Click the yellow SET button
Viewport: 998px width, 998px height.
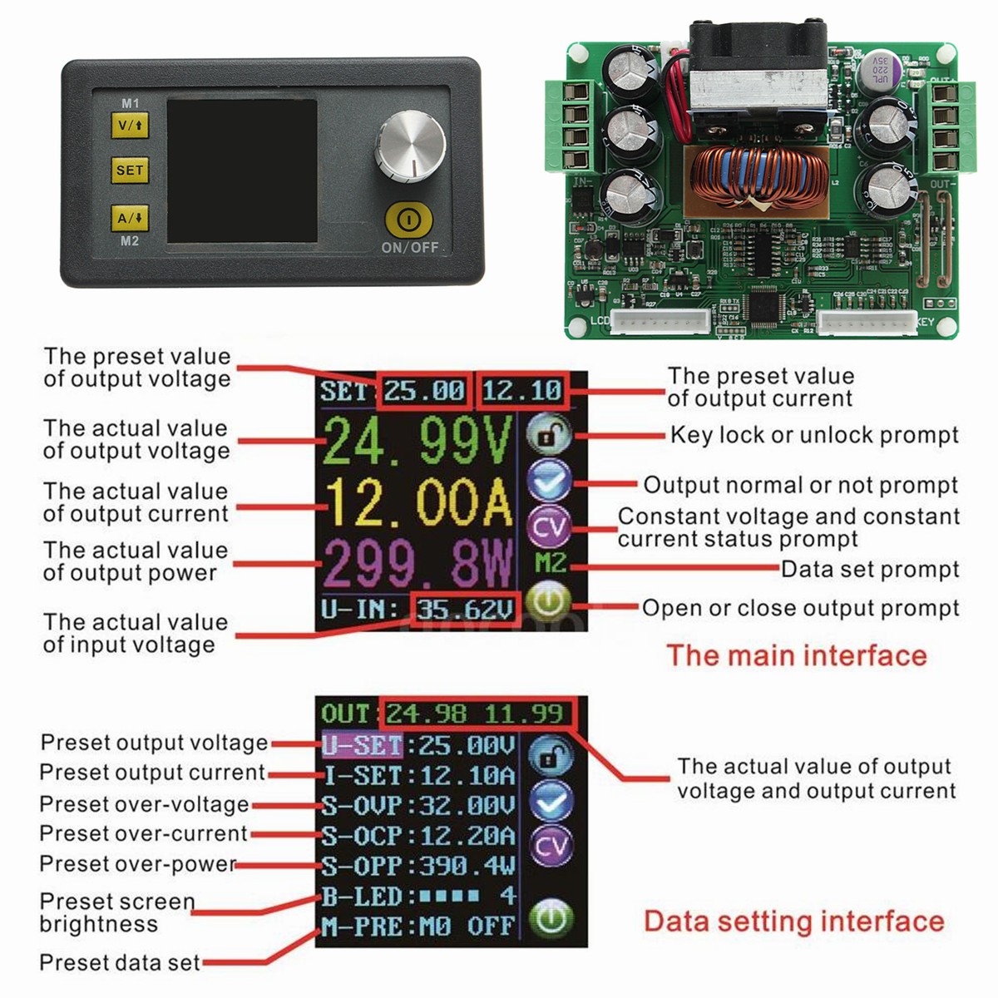tap(130, 170)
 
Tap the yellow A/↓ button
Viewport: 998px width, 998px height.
tap(130, 219)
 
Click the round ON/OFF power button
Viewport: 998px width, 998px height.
tap(408, 220)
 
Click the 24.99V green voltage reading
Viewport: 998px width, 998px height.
tap(416, 442)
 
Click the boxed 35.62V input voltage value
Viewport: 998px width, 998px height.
tap(465, 610)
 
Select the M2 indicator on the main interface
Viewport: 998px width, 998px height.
tap(550, 563)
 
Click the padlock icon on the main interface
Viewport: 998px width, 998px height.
tap(549, 435)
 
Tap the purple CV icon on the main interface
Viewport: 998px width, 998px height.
tap(549, 526)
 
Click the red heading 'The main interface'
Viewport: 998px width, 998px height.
tap(796, 655)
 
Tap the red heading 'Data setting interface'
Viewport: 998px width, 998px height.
tap(793, 921)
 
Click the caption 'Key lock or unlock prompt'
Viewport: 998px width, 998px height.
tap(813, 435)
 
